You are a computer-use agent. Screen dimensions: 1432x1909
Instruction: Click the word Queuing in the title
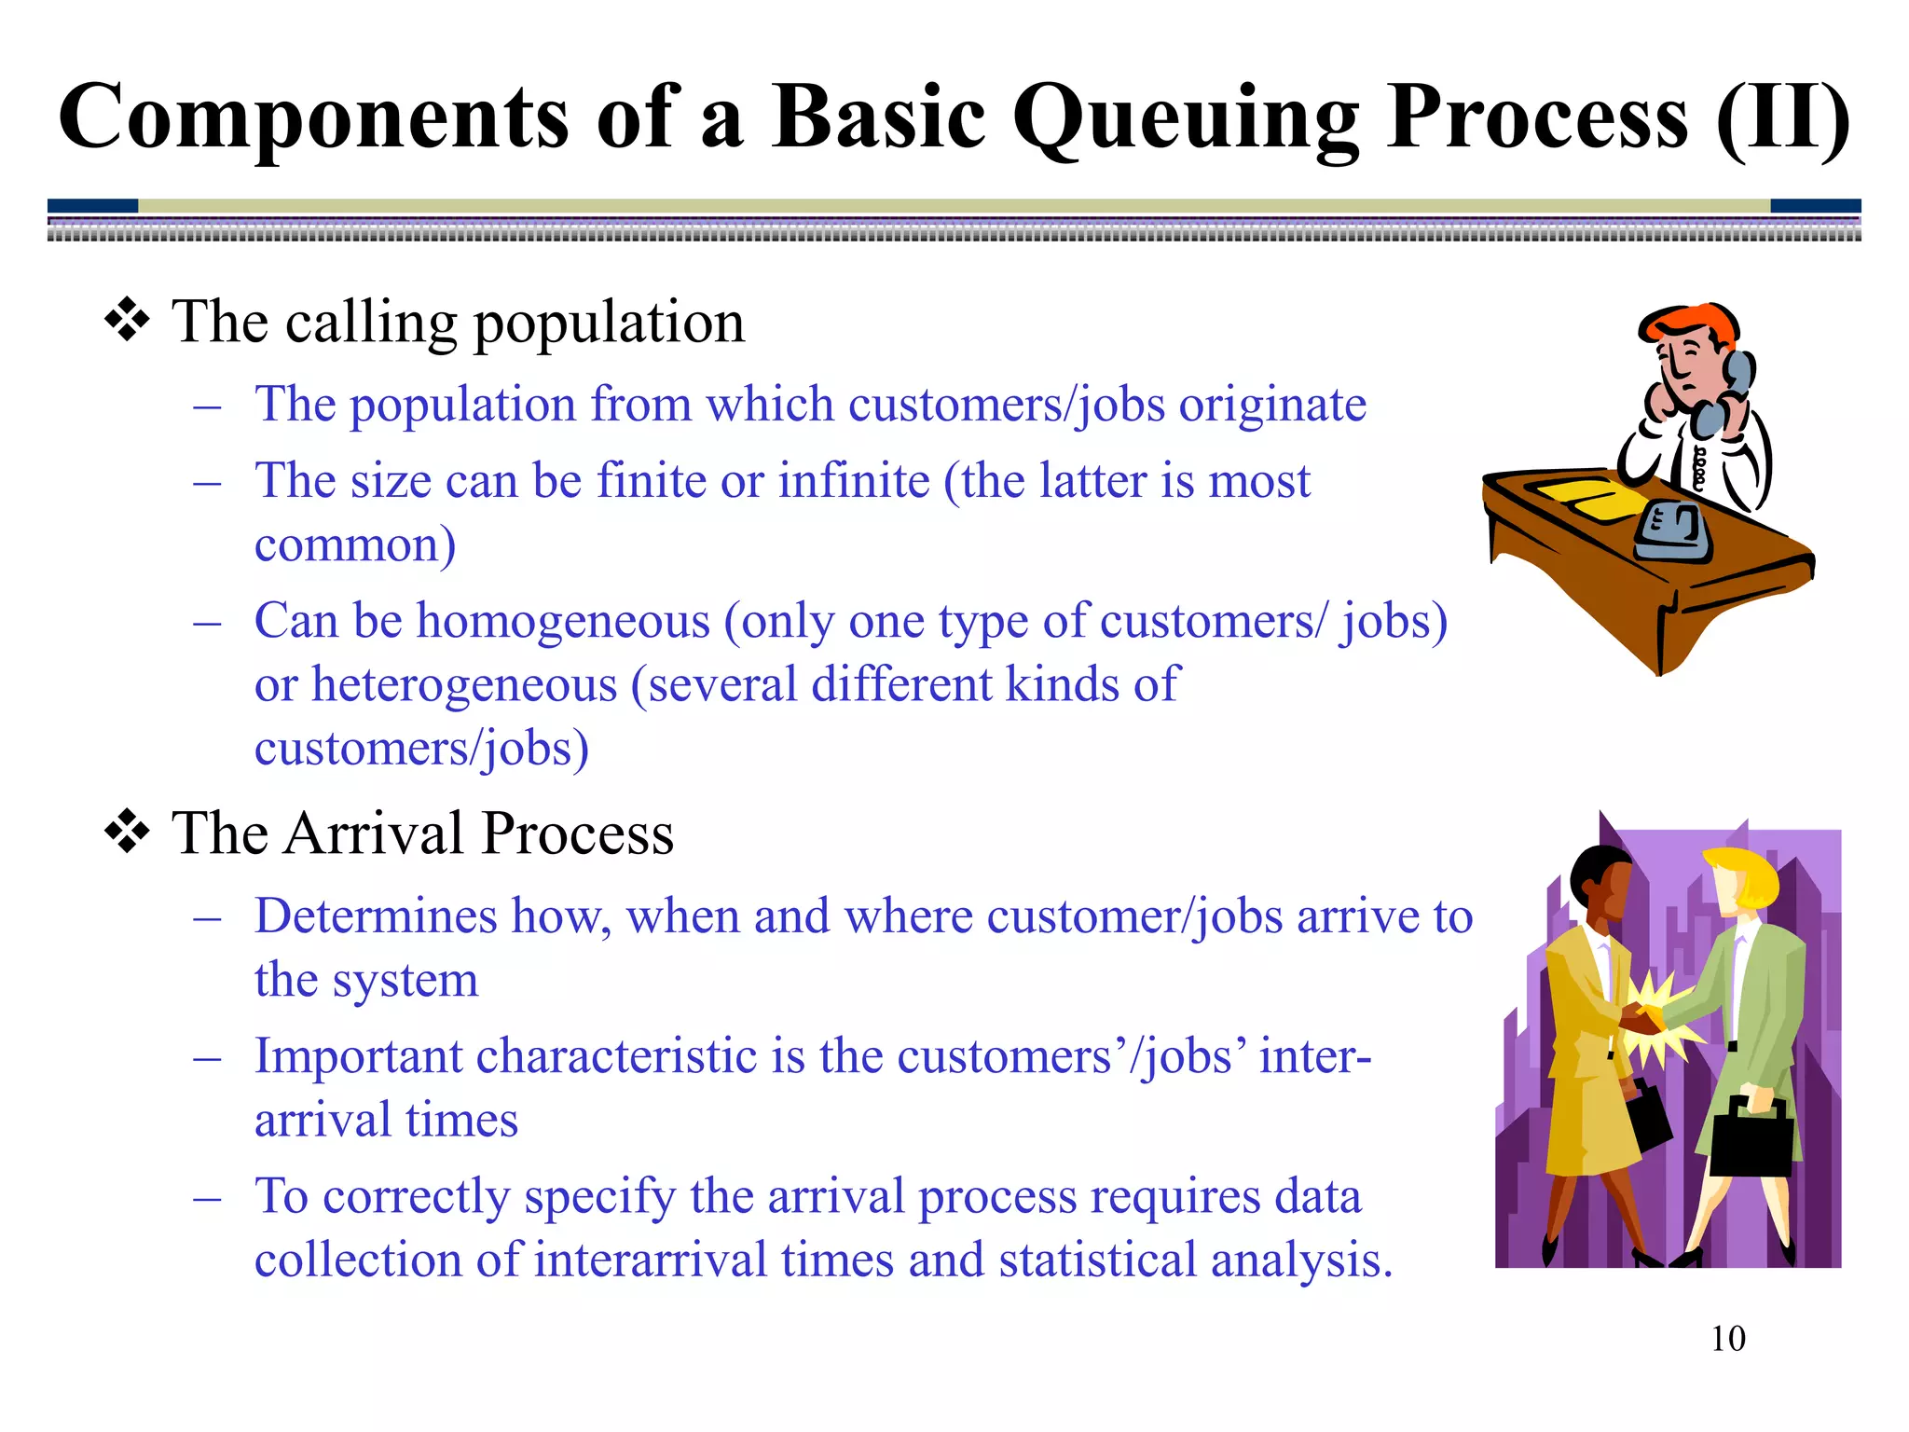1185,119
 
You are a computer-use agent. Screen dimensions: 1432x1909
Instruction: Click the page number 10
1727,1339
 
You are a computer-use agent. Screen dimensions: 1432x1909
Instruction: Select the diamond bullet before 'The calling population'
127,323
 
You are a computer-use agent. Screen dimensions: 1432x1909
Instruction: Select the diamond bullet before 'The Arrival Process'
127,833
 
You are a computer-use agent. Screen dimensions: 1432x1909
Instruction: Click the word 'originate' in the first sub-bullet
1272,406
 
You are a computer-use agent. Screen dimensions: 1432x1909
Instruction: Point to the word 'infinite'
854,482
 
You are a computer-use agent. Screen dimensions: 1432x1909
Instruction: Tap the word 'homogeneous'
563,622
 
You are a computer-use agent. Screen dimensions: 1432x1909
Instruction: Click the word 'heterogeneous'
464,685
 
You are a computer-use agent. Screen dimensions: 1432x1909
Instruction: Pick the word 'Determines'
376,916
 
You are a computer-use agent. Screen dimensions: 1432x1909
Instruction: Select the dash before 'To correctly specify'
207,1198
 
